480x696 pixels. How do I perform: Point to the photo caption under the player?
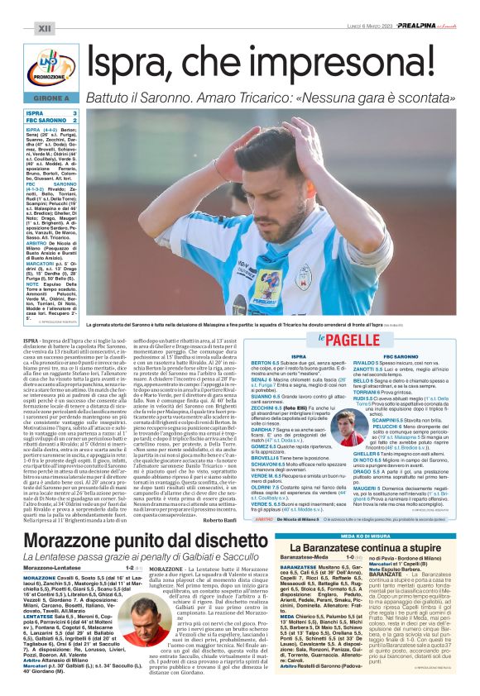(273, 305)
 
